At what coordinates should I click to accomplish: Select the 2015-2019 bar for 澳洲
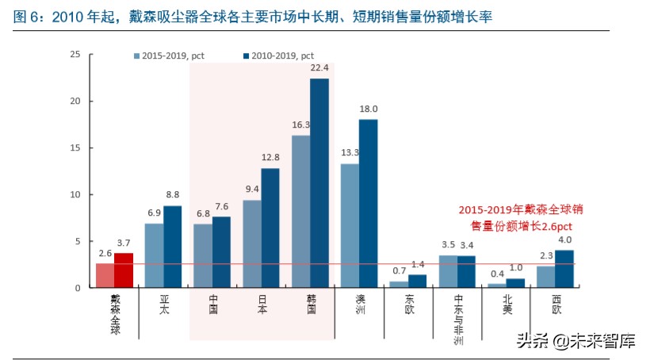(350, 226)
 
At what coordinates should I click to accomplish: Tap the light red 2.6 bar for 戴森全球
(105, 275)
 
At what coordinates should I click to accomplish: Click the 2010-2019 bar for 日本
(270, 228)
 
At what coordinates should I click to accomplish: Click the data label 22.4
(319, 68)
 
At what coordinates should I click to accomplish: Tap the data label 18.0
(369, 109)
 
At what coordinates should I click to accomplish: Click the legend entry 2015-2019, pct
(168, 56)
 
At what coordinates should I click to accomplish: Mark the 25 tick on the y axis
(75, 55)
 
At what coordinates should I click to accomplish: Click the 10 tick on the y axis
(75, 194)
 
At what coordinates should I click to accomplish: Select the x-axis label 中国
(213, 304)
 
